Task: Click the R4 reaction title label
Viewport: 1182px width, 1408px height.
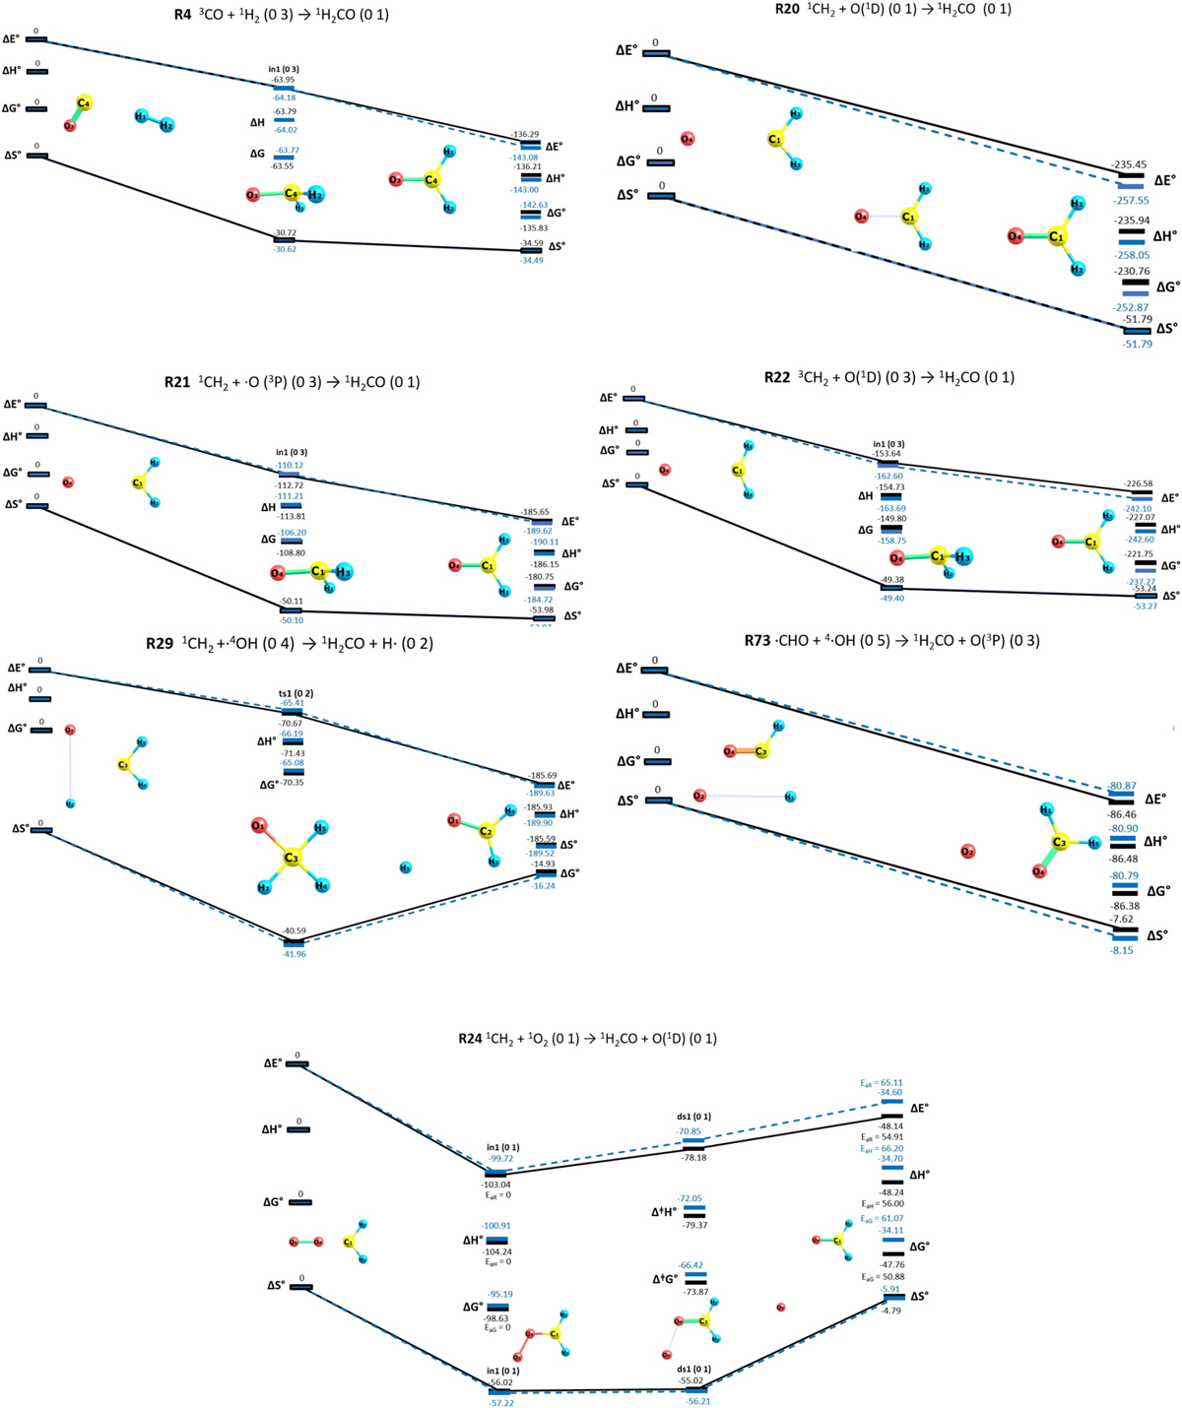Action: (280, 15)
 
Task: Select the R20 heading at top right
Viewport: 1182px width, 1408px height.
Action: (891, 10)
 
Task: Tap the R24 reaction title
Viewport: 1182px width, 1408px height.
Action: (587, 1039)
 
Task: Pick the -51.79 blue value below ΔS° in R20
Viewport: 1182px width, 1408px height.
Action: (1137, 344)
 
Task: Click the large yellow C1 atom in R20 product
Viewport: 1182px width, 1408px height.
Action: (1057, 236)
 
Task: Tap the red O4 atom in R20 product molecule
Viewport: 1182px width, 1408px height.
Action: (1016, 236)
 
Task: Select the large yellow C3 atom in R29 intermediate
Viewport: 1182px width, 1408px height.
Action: (292, 858)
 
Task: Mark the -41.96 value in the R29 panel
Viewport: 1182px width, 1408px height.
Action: (295, 954)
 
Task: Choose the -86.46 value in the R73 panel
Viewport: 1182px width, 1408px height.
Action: (1123, 815)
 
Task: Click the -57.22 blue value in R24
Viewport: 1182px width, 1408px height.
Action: (501, 1402)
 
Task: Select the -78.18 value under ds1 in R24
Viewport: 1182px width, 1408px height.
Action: (693, 1158)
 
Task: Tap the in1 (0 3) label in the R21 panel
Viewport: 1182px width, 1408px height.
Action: (291, 453)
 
